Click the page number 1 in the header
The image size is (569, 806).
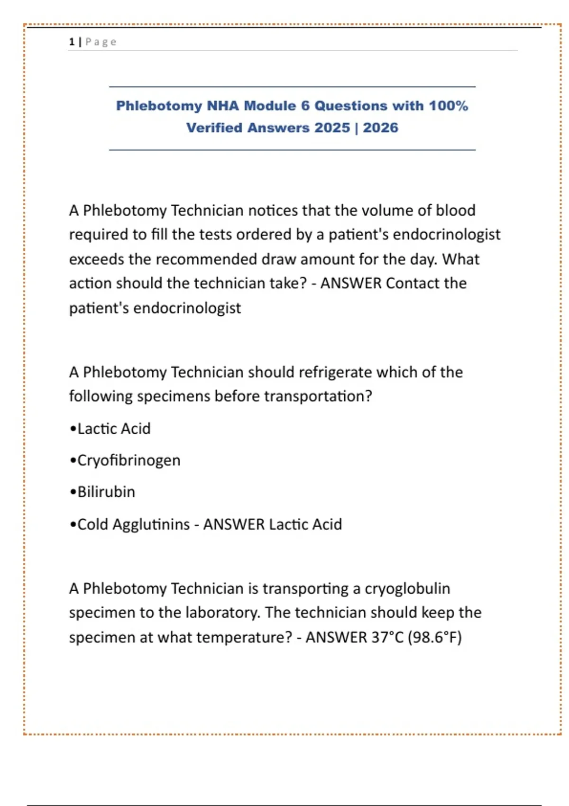coord(72,42)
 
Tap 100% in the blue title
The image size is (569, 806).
coord(448,106)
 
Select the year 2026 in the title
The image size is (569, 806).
coord(380,128)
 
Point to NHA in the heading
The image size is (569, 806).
coord(223,106)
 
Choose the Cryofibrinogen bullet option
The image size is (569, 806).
coord(128,460)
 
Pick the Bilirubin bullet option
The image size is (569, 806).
coord(106,492)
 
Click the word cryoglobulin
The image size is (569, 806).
coord(407,588)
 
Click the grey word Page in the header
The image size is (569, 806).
coord(101,42)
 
